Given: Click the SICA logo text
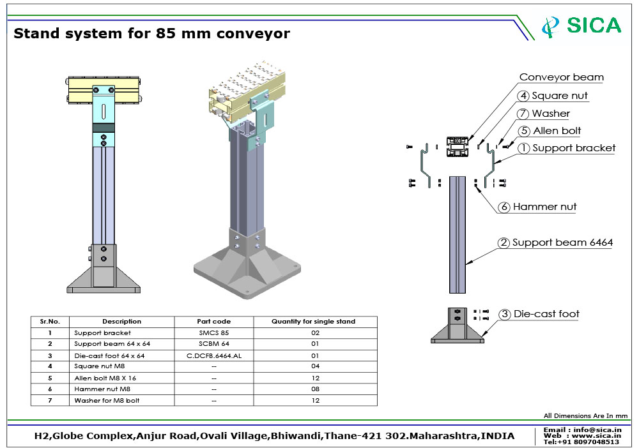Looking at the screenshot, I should pos(594,26).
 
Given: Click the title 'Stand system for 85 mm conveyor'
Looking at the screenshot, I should pos(152,33).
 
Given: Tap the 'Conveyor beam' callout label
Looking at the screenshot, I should pos(561,77).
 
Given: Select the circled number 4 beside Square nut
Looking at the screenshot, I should pos(523,96).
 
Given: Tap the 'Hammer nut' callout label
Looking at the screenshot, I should pos(544,207).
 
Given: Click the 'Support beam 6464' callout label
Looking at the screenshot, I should pos(562,243).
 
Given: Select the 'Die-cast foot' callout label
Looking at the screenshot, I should pos(546,314).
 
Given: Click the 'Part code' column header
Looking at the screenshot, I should pos(213,322).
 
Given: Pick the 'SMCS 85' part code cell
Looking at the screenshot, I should pos(213,333).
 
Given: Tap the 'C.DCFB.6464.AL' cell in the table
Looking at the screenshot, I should pos(213,355).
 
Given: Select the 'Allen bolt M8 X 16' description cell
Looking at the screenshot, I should pos(105,378).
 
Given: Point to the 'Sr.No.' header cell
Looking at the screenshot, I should pos(50,322).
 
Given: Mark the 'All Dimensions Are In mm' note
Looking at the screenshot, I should pos(585,416).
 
